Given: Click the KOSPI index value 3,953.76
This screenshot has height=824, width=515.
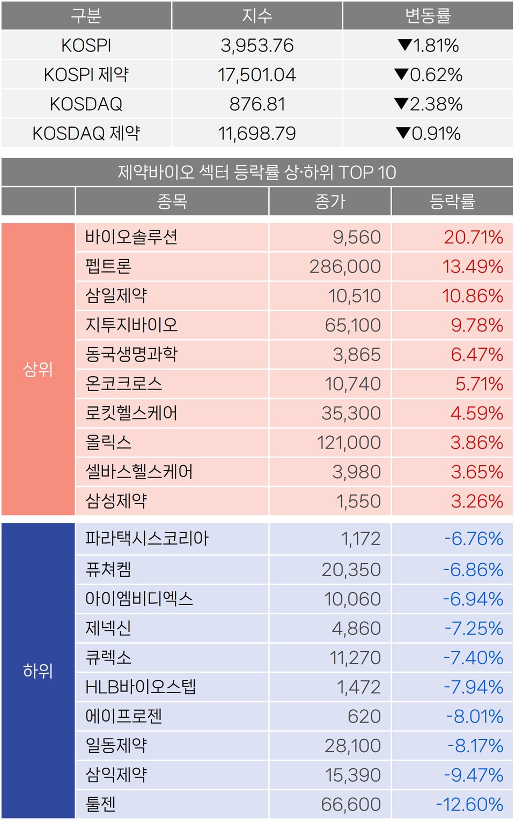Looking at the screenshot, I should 257,46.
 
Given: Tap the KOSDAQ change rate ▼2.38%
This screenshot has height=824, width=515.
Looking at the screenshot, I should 428,104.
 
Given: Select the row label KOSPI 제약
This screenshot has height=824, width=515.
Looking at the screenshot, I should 86,75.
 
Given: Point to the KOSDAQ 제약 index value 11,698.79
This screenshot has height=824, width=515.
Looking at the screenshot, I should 257,134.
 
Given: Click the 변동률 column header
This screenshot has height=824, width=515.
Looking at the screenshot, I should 428,16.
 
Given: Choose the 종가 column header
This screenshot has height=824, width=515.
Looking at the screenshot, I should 330,202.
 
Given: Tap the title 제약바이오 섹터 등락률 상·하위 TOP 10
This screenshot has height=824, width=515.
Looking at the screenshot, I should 257,172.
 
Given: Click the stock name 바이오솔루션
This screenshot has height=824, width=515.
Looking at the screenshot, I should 131,237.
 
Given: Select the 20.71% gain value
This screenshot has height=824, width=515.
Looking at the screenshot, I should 473,237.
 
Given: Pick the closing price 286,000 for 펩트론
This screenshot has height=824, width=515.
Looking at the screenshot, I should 345,267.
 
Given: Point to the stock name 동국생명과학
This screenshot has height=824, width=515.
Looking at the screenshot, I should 131,355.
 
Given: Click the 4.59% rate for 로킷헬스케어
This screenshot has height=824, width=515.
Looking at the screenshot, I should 476,413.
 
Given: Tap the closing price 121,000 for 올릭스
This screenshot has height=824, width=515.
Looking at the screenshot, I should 349,443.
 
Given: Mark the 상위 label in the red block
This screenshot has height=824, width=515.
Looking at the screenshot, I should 38,369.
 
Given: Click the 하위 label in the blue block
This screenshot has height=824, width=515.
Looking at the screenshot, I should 38,671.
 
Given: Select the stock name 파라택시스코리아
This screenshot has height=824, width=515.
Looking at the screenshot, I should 146,539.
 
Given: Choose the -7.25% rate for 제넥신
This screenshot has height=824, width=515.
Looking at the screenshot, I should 474,628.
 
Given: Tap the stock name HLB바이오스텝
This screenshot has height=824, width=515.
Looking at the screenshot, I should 141,687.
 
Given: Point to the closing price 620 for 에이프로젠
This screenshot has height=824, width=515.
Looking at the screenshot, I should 364,716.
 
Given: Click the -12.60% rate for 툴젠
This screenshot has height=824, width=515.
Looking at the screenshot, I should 469,804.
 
